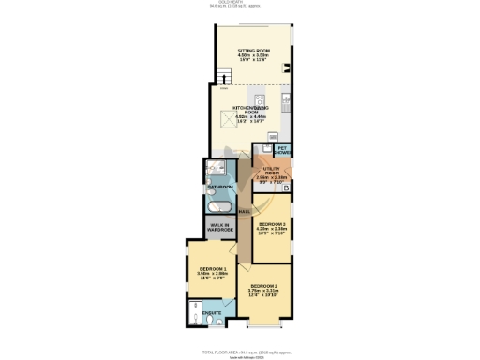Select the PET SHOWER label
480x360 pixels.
pos(282,149)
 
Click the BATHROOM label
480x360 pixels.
pos(219,187)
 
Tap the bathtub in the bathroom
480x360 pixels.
pos(219,205)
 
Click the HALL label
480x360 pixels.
pos(244,212)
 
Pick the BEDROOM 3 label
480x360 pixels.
pos(272,224)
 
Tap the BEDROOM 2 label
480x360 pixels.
pos(262,285)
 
